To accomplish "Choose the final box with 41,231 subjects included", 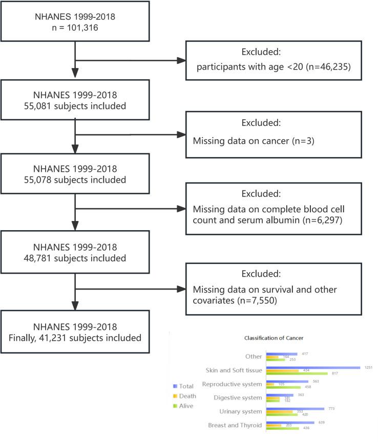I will click(75, 332).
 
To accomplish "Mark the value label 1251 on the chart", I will click(368, 367).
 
